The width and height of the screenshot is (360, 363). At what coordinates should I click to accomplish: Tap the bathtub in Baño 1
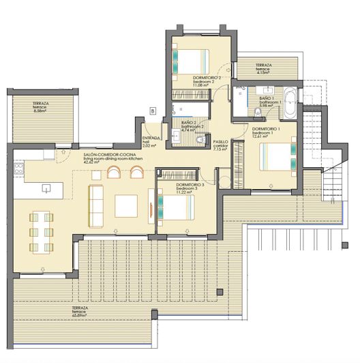point(290,101)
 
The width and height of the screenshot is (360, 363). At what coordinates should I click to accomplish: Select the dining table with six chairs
point(42,233)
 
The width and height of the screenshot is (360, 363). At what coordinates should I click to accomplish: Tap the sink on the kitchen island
point(47,187)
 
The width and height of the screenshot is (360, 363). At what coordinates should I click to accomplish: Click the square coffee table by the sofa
point(126,205)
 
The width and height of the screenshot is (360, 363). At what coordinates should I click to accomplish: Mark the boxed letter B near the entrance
point(153,110)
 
